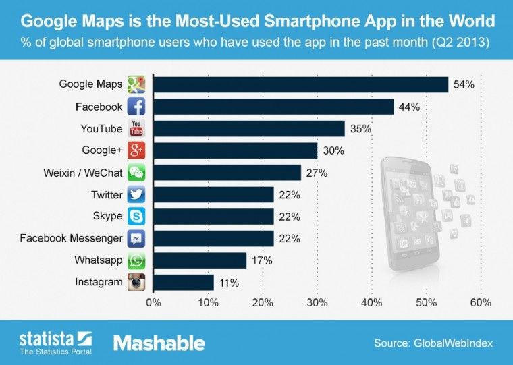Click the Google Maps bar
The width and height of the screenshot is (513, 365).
click(x=301, y=84)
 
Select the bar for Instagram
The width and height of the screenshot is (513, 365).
click(x=184, y=283)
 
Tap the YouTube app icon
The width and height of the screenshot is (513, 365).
click(x=137, y=128)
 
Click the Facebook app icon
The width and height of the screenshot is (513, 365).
click(x=137, y=107)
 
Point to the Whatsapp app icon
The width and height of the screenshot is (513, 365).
click(x=137, y=260)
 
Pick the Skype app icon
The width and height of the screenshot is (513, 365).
click(x=137, y=217)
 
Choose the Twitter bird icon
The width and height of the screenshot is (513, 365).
click(x=137, y=195)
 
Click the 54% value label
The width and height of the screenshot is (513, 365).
click(x=464, y=85)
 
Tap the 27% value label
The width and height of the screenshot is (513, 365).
click(x=317, y=173)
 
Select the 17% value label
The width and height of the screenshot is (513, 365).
click(x=263, y=260)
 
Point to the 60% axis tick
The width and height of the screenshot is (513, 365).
click(x=480, y=303)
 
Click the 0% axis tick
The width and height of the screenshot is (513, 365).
click(x=154, y=303)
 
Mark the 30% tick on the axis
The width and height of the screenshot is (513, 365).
click(x=317, y=303)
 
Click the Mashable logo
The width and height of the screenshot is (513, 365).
click(x=159, y=343)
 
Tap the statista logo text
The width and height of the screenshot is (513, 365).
click(x=45, y=337)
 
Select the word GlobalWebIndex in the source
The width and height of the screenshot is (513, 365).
click(x=453, y=343)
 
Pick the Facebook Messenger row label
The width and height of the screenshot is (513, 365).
click(x=71, y=238)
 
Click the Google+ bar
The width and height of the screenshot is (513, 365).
click(x=236, y=150)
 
